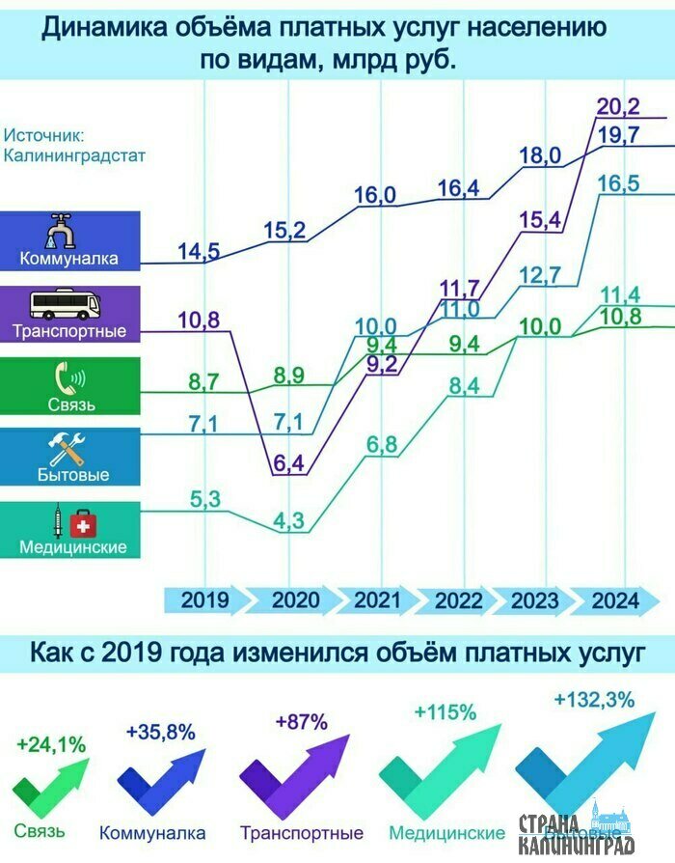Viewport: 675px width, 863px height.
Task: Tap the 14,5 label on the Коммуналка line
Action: click(x=200, y=252)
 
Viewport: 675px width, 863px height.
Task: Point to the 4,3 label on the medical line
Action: click(x=289, y=521)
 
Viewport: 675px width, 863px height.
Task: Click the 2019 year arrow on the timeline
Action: click(x=204, y=599)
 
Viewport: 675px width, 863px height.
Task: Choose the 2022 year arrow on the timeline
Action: click(x=458, y=599)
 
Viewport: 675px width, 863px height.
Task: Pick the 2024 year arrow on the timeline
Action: click(x=615, y=599)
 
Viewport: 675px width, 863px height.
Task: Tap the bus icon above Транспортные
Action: click(x=65, y=306)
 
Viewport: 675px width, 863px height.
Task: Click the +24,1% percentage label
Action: click(x=51, y=744)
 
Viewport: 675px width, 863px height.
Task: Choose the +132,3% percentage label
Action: click(x=594, y=700)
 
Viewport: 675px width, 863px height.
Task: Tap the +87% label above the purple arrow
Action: click(x=302, y=721)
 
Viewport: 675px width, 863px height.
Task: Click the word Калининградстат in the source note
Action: click(x=74, y=153)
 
